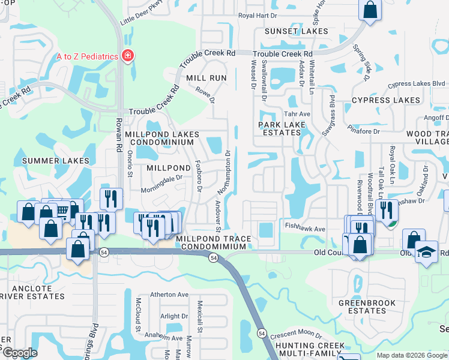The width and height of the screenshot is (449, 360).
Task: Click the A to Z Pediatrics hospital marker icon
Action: coord(127,56)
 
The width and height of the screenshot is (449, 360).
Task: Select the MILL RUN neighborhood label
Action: coord(206,79)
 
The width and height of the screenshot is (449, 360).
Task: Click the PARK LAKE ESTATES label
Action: coord(282,129)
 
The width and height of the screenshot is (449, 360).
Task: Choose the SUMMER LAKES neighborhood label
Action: coord(56,161)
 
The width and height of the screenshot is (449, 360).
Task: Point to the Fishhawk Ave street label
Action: coord(305,229)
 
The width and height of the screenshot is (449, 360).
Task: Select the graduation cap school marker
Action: coord(427,253)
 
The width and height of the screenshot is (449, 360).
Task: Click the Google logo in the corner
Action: coord(19,353)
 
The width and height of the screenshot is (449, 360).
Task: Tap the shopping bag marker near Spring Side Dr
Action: coord(370,10)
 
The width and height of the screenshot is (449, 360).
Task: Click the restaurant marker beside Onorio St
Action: coord(112,199)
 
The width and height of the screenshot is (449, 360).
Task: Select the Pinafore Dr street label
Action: coord(364,131)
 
